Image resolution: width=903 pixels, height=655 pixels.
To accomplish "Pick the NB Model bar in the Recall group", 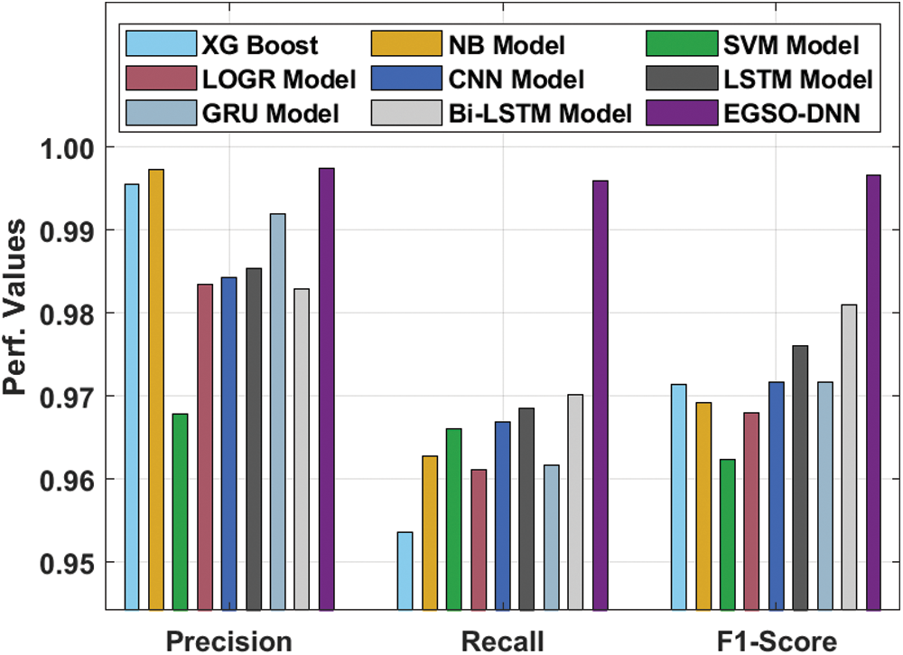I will tap(430, 533).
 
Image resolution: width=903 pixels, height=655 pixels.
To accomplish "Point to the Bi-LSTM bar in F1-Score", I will tap(849, 457).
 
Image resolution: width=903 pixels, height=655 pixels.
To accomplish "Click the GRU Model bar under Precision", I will tap(277, 412).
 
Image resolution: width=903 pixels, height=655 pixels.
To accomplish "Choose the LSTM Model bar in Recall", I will tap(527, 510).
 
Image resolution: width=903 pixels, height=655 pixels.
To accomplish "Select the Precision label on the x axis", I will tap(231, 641).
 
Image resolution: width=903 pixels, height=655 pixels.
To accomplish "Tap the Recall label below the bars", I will tap(503, 641).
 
